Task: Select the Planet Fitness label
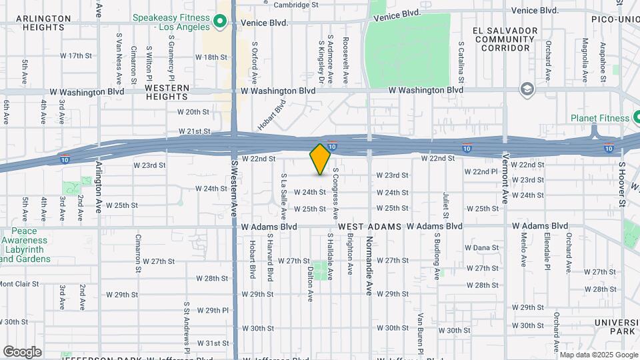pos(599,118)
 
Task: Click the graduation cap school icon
pos(527,89)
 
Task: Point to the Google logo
pos(22,352)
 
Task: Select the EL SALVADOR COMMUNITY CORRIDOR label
pos(505,39)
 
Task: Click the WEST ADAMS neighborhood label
pos(369,227)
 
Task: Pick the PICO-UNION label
pos(615,20)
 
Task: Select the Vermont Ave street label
pos(505,177)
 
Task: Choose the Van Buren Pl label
pos(421,331)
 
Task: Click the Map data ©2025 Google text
pos(597,355)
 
